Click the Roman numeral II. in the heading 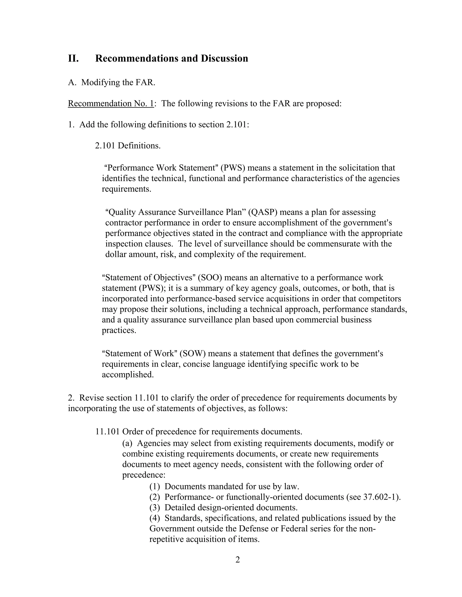tap(73, 59)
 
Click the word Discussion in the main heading tap(224, 59)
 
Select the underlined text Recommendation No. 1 tap(111, 104)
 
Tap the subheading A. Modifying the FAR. tap(112, 82)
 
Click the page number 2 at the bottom tap(238, 560)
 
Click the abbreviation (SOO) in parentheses tap(209, 278)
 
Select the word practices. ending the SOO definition tap(119, 330)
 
